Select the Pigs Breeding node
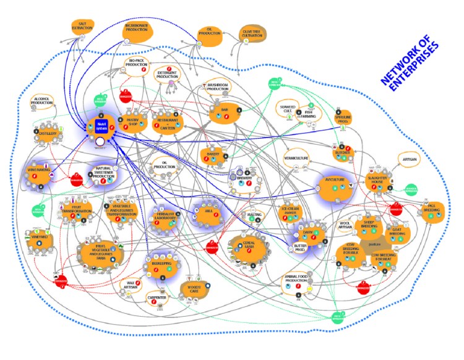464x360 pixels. pos(431,210)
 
